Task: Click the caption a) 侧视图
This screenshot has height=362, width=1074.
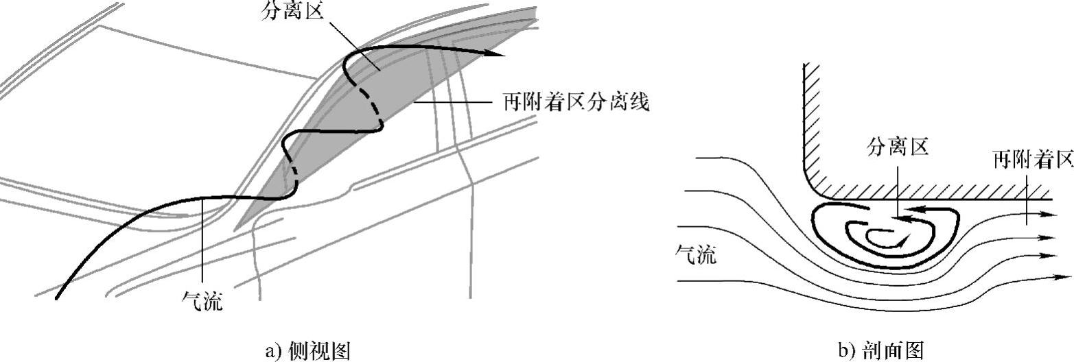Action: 307,351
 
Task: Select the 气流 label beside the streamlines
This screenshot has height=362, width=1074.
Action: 697,255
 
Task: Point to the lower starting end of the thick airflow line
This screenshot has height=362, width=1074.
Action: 58,298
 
